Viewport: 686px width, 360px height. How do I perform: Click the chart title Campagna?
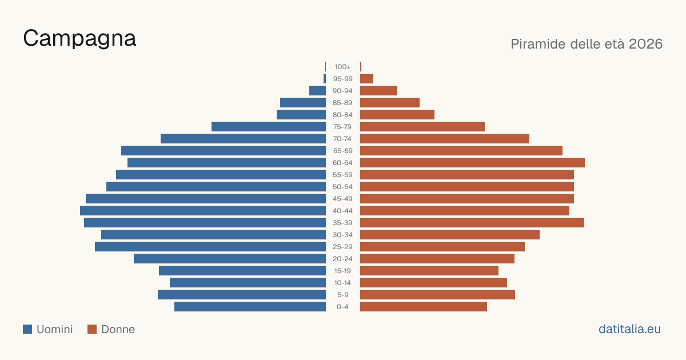point(79,39)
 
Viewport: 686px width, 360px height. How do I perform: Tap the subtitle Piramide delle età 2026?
point(587,44)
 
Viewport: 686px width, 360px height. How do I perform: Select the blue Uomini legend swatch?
point(27,329)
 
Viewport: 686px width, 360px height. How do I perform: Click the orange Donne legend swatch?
point(92,329)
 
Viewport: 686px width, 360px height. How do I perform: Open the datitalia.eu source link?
point(629,329)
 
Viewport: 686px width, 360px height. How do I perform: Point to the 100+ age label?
point(342,67)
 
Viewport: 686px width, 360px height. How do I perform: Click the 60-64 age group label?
point(342,163)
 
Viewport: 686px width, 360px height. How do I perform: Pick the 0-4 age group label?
point(342,307)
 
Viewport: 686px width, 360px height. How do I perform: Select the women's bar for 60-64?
point(472,162)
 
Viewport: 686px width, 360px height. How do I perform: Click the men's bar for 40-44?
point(203,211)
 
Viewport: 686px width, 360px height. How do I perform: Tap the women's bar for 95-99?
point(366,79)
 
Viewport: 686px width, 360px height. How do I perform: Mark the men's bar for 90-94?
point(318,91)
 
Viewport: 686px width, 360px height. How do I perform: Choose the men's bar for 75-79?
point(269,127)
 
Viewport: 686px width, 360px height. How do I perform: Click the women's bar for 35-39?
point(472,222)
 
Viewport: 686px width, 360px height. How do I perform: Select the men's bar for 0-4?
point(250,307)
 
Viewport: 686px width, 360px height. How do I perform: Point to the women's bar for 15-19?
point(429,271)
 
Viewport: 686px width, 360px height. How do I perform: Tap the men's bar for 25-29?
point(210,247)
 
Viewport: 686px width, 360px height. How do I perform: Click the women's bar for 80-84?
point(397,115)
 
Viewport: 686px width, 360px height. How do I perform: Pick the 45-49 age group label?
point(342,199)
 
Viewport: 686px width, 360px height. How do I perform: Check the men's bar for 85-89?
point(303,102)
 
